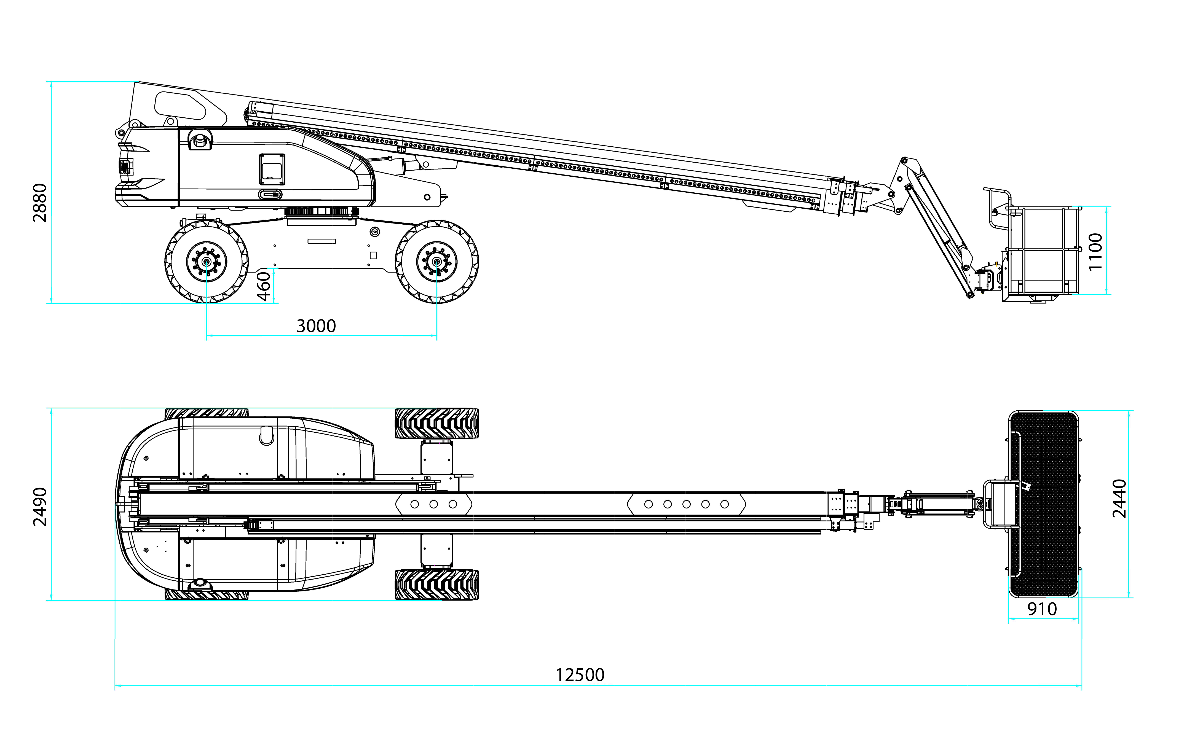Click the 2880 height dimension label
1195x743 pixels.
(39, 203)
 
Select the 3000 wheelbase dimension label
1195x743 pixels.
(316, 326)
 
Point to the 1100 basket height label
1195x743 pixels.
(1095, 252)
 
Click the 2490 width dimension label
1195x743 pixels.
(39, 507)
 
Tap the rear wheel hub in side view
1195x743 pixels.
(207, 262)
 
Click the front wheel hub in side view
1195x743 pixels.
(436, 262)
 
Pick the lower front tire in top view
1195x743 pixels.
(436, 585)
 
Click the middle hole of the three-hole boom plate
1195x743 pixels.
(433, 504)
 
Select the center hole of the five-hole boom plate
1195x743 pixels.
(686, 504)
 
